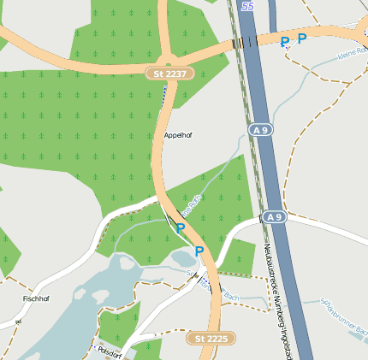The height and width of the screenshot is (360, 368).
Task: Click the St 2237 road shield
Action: pos(170,74)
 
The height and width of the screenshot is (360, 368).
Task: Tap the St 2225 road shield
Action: pos(211,339)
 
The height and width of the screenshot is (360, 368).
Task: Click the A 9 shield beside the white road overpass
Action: pos(274,218)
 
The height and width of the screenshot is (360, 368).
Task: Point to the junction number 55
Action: pos(248,6)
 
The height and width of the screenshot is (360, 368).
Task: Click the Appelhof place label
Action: pos(176,135)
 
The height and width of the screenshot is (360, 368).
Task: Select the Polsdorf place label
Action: pos(111,351)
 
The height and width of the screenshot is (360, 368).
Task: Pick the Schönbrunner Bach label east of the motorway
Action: pos(343,316)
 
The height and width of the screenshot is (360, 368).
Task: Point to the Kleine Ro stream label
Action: pos(352,55)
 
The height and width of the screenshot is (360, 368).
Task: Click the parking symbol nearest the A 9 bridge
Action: pos(285,42)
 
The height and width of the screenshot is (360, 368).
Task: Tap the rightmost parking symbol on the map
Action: pos(302,38)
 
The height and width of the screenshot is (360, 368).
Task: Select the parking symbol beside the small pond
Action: pos(199,251)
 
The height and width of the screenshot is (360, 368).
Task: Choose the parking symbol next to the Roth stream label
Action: pos(181,228)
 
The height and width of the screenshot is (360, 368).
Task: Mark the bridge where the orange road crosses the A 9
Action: pos(245,42)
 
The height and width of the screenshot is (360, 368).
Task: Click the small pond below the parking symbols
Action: pos(184,258)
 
